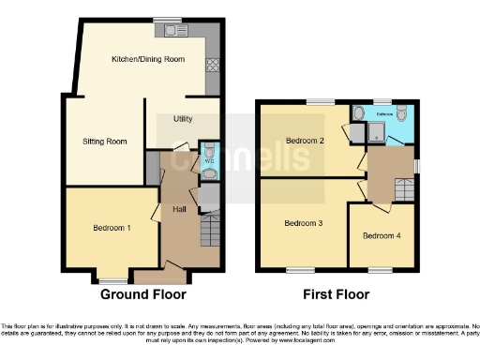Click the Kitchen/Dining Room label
[x=147, y=59]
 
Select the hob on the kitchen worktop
[x=212, y=65]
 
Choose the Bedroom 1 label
[x=112, y=228]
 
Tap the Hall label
[x=179, y=208]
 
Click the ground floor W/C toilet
[x=208, y=152]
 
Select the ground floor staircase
[x=210, y=230]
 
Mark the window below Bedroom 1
[x=114, y=279]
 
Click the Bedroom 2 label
[x=304, y=141]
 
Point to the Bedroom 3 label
[x=304, y=223]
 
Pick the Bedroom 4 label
[x=382, y=234]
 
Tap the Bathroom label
[x=386, y=115]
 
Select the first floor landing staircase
[x=404, y=191]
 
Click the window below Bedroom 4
[x=381, y=270]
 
